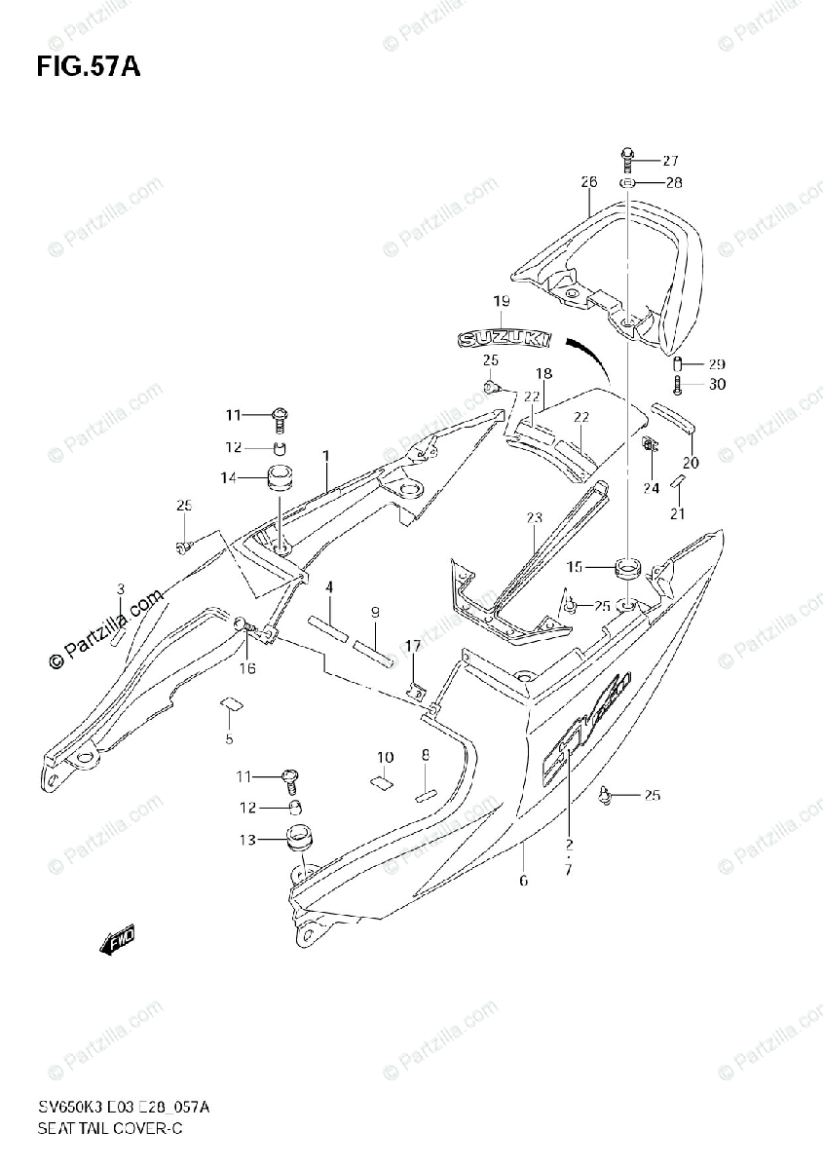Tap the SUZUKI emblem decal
505,339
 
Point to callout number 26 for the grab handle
588,182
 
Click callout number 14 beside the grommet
230,477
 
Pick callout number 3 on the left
121,588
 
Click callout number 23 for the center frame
534,517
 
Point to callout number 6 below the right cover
523,882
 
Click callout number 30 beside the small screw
717,384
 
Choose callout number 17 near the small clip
413,645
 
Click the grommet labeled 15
626,565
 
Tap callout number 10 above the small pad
386,757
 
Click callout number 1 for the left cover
326,456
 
